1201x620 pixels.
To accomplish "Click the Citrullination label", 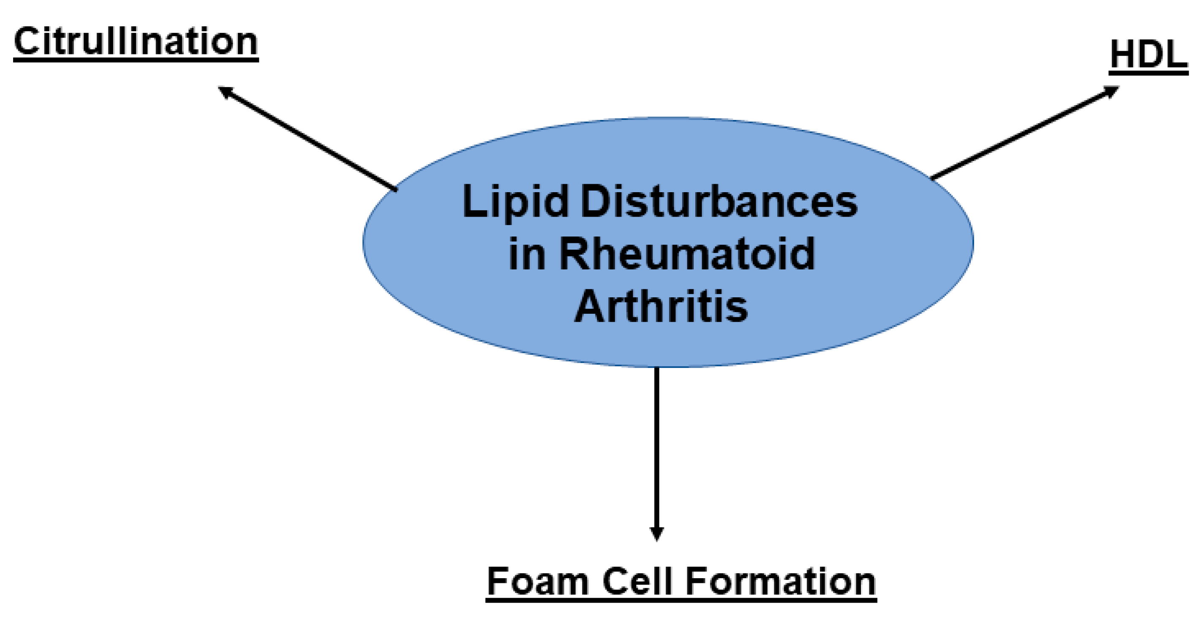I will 136,42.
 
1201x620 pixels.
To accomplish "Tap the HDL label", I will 1148,55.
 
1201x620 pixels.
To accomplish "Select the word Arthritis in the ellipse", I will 661,306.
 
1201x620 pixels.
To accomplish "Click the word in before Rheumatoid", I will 526,255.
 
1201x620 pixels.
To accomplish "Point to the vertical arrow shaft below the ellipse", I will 656,448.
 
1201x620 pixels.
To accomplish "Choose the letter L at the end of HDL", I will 1176,55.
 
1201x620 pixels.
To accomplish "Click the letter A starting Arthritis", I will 591,306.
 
